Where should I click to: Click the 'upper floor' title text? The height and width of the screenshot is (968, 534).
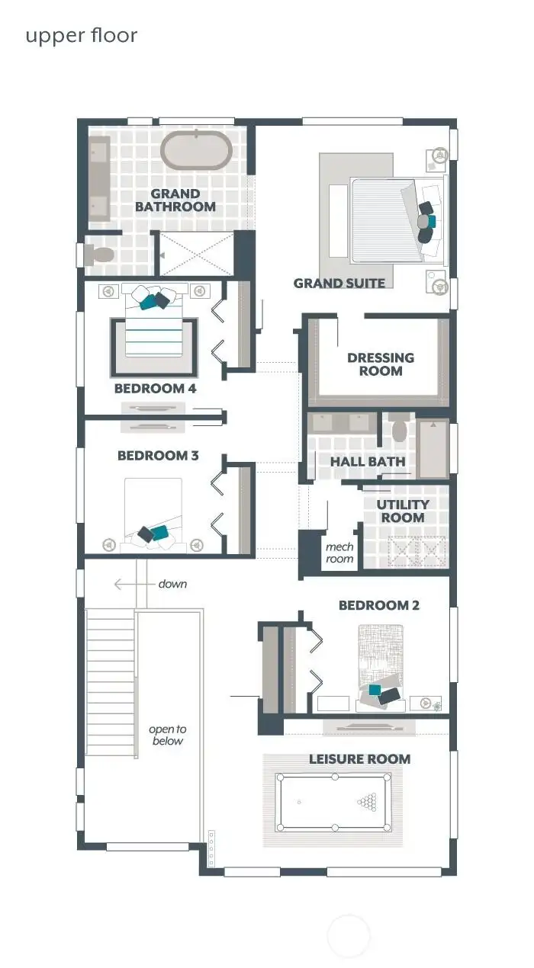pyautogui.click(x=82, y=36)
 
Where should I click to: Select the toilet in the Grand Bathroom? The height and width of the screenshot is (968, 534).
pyautogui.click(x=100, y=255)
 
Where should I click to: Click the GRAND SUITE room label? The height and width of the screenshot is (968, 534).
pyautogui.click(x=339, y=284)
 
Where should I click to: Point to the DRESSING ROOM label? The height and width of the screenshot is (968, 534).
pyautogui.click(x=381, y=364)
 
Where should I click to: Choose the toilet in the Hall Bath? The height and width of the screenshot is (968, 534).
pyautogui.click(x=399, y=430)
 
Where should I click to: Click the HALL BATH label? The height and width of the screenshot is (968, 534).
pyautogui.click(x=367, y=462)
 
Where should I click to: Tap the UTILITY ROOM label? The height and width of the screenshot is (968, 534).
pyautogui.click(x=403, y=511)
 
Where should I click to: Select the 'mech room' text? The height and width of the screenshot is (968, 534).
pyautogui.click(x=339, y=553)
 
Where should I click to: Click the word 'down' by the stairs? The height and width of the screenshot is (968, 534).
pyautogui.click(x=172, y=584)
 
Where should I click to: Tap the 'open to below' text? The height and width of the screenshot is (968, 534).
pyautogui.click(x=167, y=735)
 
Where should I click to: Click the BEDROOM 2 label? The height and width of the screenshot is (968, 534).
pyautogui.click(x=379, y=606)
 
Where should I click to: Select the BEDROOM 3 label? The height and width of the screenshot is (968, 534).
pyautogui.click(x=158, y=456)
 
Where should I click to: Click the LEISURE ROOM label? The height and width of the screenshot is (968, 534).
pyautogui.click(x=359, y=759)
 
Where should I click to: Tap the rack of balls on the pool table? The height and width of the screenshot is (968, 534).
pyautogui.click(x=368, y=802)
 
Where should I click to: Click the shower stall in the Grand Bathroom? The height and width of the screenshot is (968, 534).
pyautogui.click(x=196, y=254)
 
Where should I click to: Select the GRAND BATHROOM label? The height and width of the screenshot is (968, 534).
pyautogui.click(x=175, y=200)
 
